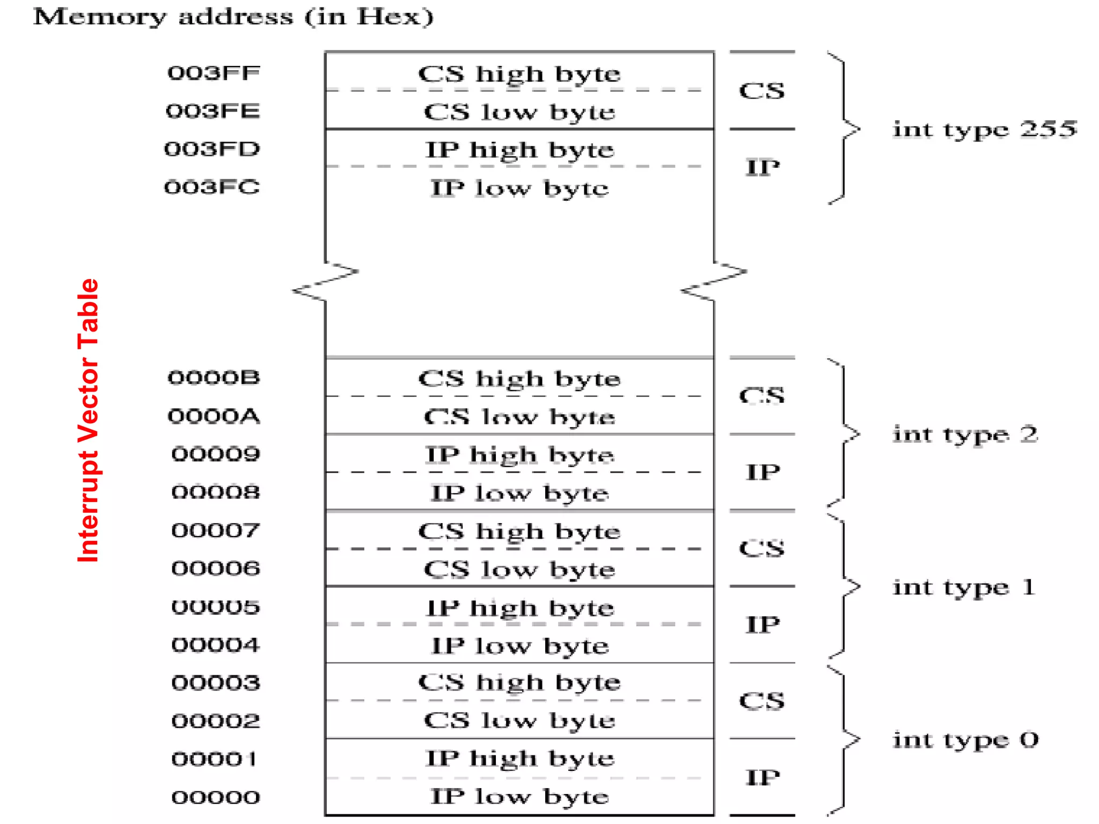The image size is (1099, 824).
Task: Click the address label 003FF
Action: point(214,73)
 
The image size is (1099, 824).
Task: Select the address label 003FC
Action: point(212,187)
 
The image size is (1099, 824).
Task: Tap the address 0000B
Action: point(214,378)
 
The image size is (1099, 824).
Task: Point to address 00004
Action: point(215,645)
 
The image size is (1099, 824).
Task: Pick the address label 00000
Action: point(215,797)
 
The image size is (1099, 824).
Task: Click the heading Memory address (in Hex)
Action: point(233,17)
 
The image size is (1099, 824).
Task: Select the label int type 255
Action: point(984,129)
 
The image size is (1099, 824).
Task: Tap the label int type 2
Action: point(965,434)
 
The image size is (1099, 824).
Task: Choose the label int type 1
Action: point(964,587)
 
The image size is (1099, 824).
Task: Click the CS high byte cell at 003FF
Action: point(519,74)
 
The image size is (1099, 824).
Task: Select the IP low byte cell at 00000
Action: point(519,797)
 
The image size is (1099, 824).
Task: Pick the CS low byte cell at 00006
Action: point(519,569)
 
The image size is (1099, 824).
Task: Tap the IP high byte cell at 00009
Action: point(519,455)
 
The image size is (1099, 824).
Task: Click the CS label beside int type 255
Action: point(761,91)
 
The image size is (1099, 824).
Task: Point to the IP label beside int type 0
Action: point(762,777)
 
